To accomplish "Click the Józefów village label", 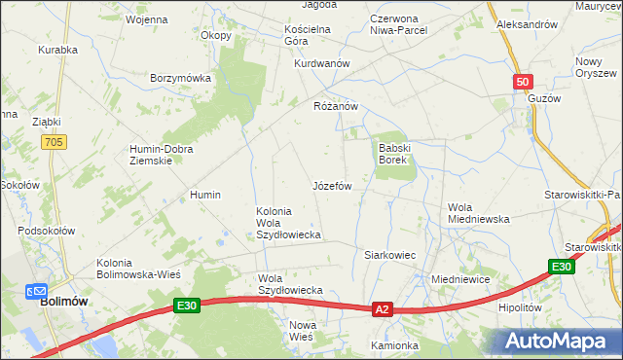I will click(331, 185).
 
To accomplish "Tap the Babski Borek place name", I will click(394, 153).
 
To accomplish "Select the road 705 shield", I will click(55, 143).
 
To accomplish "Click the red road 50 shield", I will click(523, 83).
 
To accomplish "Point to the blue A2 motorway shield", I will click(383, 309).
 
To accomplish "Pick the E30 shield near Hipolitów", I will click(560, 268).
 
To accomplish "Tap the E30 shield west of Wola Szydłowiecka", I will click(188, 306).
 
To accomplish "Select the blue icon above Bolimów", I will click(36, 289).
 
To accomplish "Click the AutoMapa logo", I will click(559, 340).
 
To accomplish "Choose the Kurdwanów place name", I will click(321, 63).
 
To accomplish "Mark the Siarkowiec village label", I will click(389, 255).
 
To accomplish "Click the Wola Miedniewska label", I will click(479, 213).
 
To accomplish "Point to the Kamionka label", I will click(393, 345).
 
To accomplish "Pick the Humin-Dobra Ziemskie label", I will click(162, 155).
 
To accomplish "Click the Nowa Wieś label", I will click(302, 330).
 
